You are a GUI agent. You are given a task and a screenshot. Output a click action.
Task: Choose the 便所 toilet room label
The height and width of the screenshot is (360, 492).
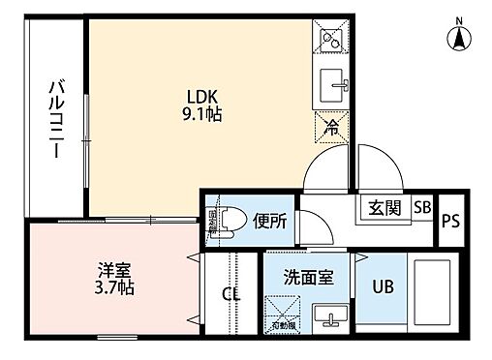click(269, 221)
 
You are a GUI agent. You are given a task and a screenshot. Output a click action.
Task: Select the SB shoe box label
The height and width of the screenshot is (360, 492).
click(422, 207)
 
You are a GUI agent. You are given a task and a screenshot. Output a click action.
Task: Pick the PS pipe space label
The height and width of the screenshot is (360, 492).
click(450, 222)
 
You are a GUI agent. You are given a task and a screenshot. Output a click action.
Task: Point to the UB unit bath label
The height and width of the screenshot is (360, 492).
click(383, 287)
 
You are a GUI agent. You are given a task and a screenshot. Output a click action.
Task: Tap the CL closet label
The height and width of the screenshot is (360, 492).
click(231, 295)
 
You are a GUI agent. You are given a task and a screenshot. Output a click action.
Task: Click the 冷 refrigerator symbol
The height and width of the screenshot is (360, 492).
click(331, 125)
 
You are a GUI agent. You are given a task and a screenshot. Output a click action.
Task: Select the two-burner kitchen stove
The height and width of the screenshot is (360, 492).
click(331, 41)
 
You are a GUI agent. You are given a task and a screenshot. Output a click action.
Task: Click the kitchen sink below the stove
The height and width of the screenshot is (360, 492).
click(333, 82)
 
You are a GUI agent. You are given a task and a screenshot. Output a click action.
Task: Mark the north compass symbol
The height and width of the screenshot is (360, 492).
click(458, 35)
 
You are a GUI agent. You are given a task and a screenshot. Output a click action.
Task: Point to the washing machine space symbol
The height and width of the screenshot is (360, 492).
click(285, 313)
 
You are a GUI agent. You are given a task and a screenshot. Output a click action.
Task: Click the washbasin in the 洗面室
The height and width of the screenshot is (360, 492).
click(333, 315)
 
